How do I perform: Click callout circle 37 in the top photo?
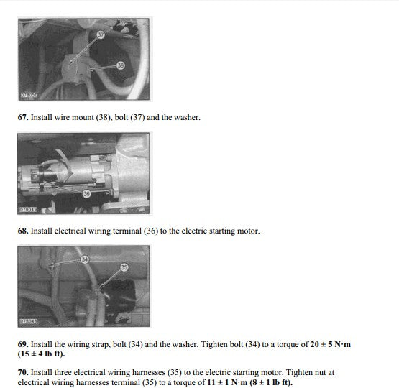click(x=101, y=34)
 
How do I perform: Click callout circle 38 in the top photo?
click(x=121, y=65)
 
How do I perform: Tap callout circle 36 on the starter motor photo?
click(x=86, y=194)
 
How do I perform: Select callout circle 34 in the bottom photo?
click(x=85, y=259)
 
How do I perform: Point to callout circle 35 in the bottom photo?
click(x=124, y=267)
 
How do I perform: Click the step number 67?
click(x=23, y=117)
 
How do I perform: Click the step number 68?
click(x=23, y=231)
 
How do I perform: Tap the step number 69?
click(x=23, y=344)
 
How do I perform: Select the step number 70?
click(x=23, y=372)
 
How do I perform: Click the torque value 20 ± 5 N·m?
click(x=331, y=344)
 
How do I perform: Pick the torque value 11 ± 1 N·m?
click(x=227, y=382)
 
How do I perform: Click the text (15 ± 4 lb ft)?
click(x=41, y=354)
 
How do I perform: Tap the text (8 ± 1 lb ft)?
click(x=271, y=382)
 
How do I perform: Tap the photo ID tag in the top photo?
click(x=29, y=95)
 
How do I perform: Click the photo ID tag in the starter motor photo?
click(x=28, y=210)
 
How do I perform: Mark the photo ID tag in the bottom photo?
click(x=28, y=321)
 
